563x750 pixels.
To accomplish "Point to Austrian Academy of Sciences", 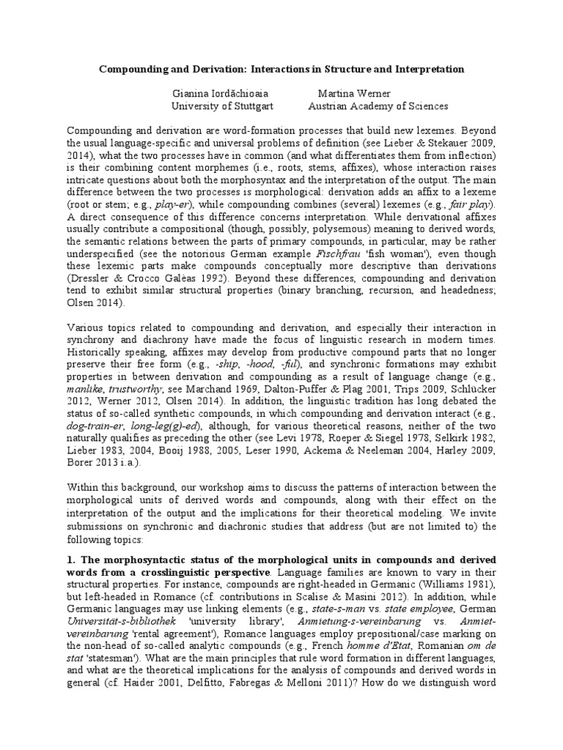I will click(x=378, y=106).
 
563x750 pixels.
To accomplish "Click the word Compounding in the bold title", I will click(x=134, y=69).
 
